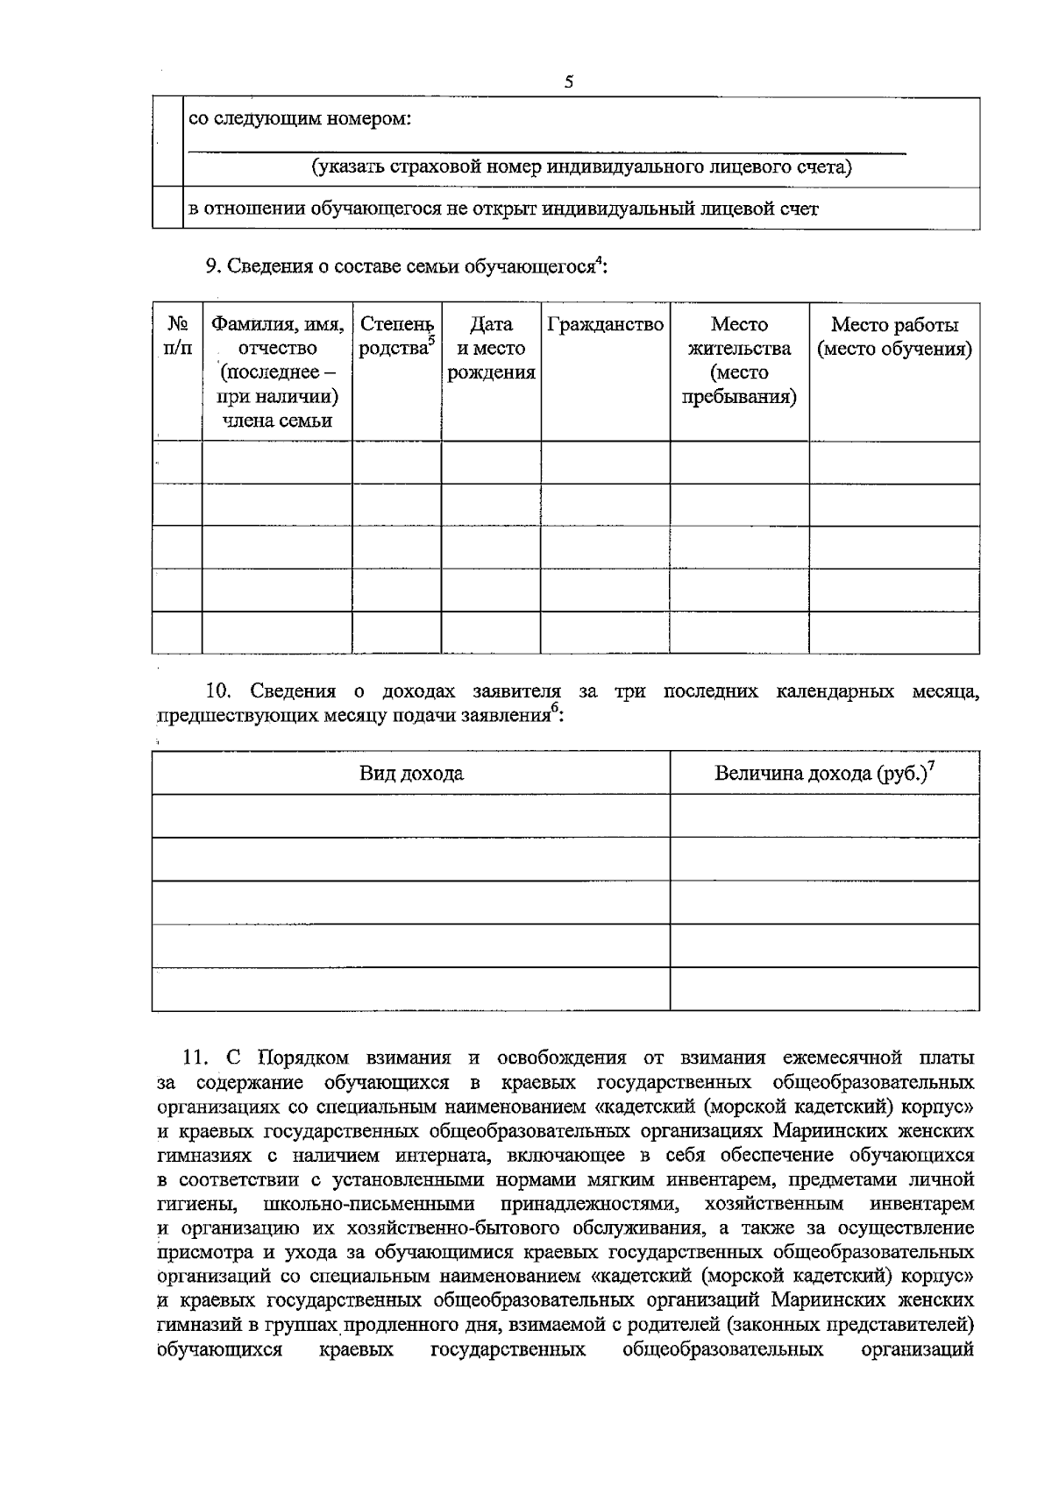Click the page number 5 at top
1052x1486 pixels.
tap(569, 82)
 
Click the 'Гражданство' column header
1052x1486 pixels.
tap(605, 325)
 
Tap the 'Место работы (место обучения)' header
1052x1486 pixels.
tap(894, 337)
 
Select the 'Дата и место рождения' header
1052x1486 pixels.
tap(491, 349)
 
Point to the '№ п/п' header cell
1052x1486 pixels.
tap(177, 336)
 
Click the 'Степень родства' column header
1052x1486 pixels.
tap(396, 336)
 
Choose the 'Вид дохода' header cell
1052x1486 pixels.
tap(411, 774)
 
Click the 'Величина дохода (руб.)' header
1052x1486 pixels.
tap(824, 773)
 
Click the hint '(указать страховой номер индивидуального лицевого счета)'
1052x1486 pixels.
tap(582, 167)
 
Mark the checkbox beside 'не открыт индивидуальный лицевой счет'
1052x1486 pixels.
tap(167, 209)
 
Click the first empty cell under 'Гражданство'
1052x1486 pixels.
tap(605, 463)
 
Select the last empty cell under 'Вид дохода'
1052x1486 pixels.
tap(411, 989)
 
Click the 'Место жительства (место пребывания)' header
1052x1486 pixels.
tap(739, 361)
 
